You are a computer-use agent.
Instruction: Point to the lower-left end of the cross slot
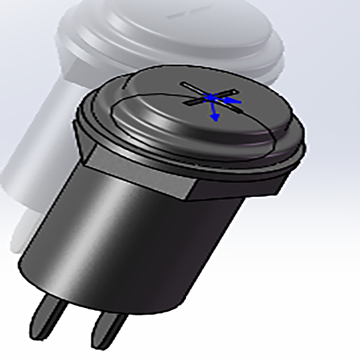(x=186, y=104)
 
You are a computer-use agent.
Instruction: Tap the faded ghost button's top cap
(x=180, y=32)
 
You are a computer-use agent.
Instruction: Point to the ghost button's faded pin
(x=22, y=234)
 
